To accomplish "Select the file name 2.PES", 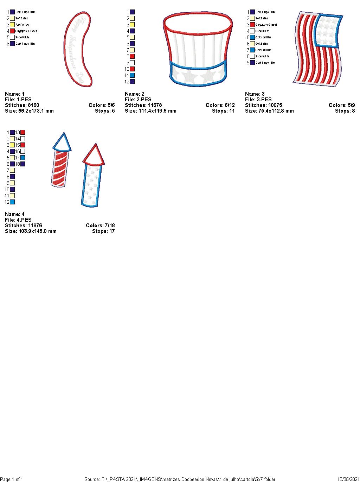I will coord(138,100).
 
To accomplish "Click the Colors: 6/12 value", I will coord(220,105).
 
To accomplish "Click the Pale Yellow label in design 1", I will coord(22,25).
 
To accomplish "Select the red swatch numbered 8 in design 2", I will coord(132,56).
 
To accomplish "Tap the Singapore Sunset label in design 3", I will coord(266,25).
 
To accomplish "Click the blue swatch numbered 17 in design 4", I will coord(22,158).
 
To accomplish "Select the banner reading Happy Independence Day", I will coord(78,49).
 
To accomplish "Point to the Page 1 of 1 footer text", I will coord(12,479).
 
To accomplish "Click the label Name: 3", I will coord(255,94).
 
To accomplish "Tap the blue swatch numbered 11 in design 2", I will coord(132,75).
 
